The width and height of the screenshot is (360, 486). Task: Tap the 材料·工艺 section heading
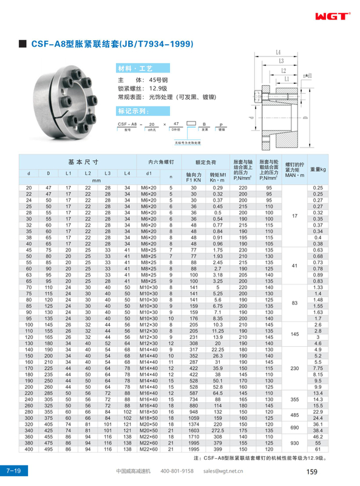click(134, 68)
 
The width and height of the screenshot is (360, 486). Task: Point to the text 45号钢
click(160, 79)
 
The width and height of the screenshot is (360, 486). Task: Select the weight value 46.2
click(317, 436)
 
